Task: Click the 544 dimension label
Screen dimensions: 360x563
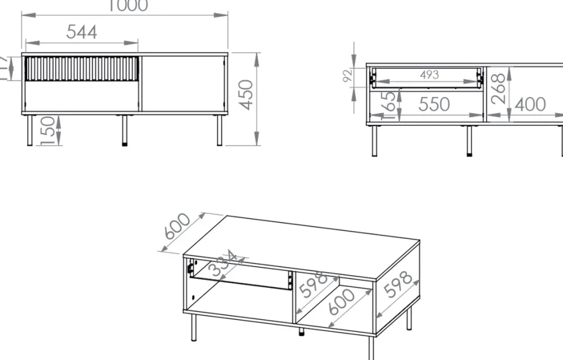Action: click(82, 32)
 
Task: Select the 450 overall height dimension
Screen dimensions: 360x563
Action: click(246, 95)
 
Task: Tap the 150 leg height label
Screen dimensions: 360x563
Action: click(49, 131)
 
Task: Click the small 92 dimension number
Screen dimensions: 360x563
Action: click(347, 75)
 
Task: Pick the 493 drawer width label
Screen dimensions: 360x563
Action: click(429, 75)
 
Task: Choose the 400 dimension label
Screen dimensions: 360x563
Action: click(530, 104)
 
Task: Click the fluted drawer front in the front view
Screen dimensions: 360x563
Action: click(82, 69)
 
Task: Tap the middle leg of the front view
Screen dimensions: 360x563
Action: click(124, 131)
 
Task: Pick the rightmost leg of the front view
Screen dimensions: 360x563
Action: click(219, 131)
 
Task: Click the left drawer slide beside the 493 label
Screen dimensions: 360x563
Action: click(372, 78)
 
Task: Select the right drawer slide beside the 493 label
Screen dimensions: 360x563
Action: click(480, 78)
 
